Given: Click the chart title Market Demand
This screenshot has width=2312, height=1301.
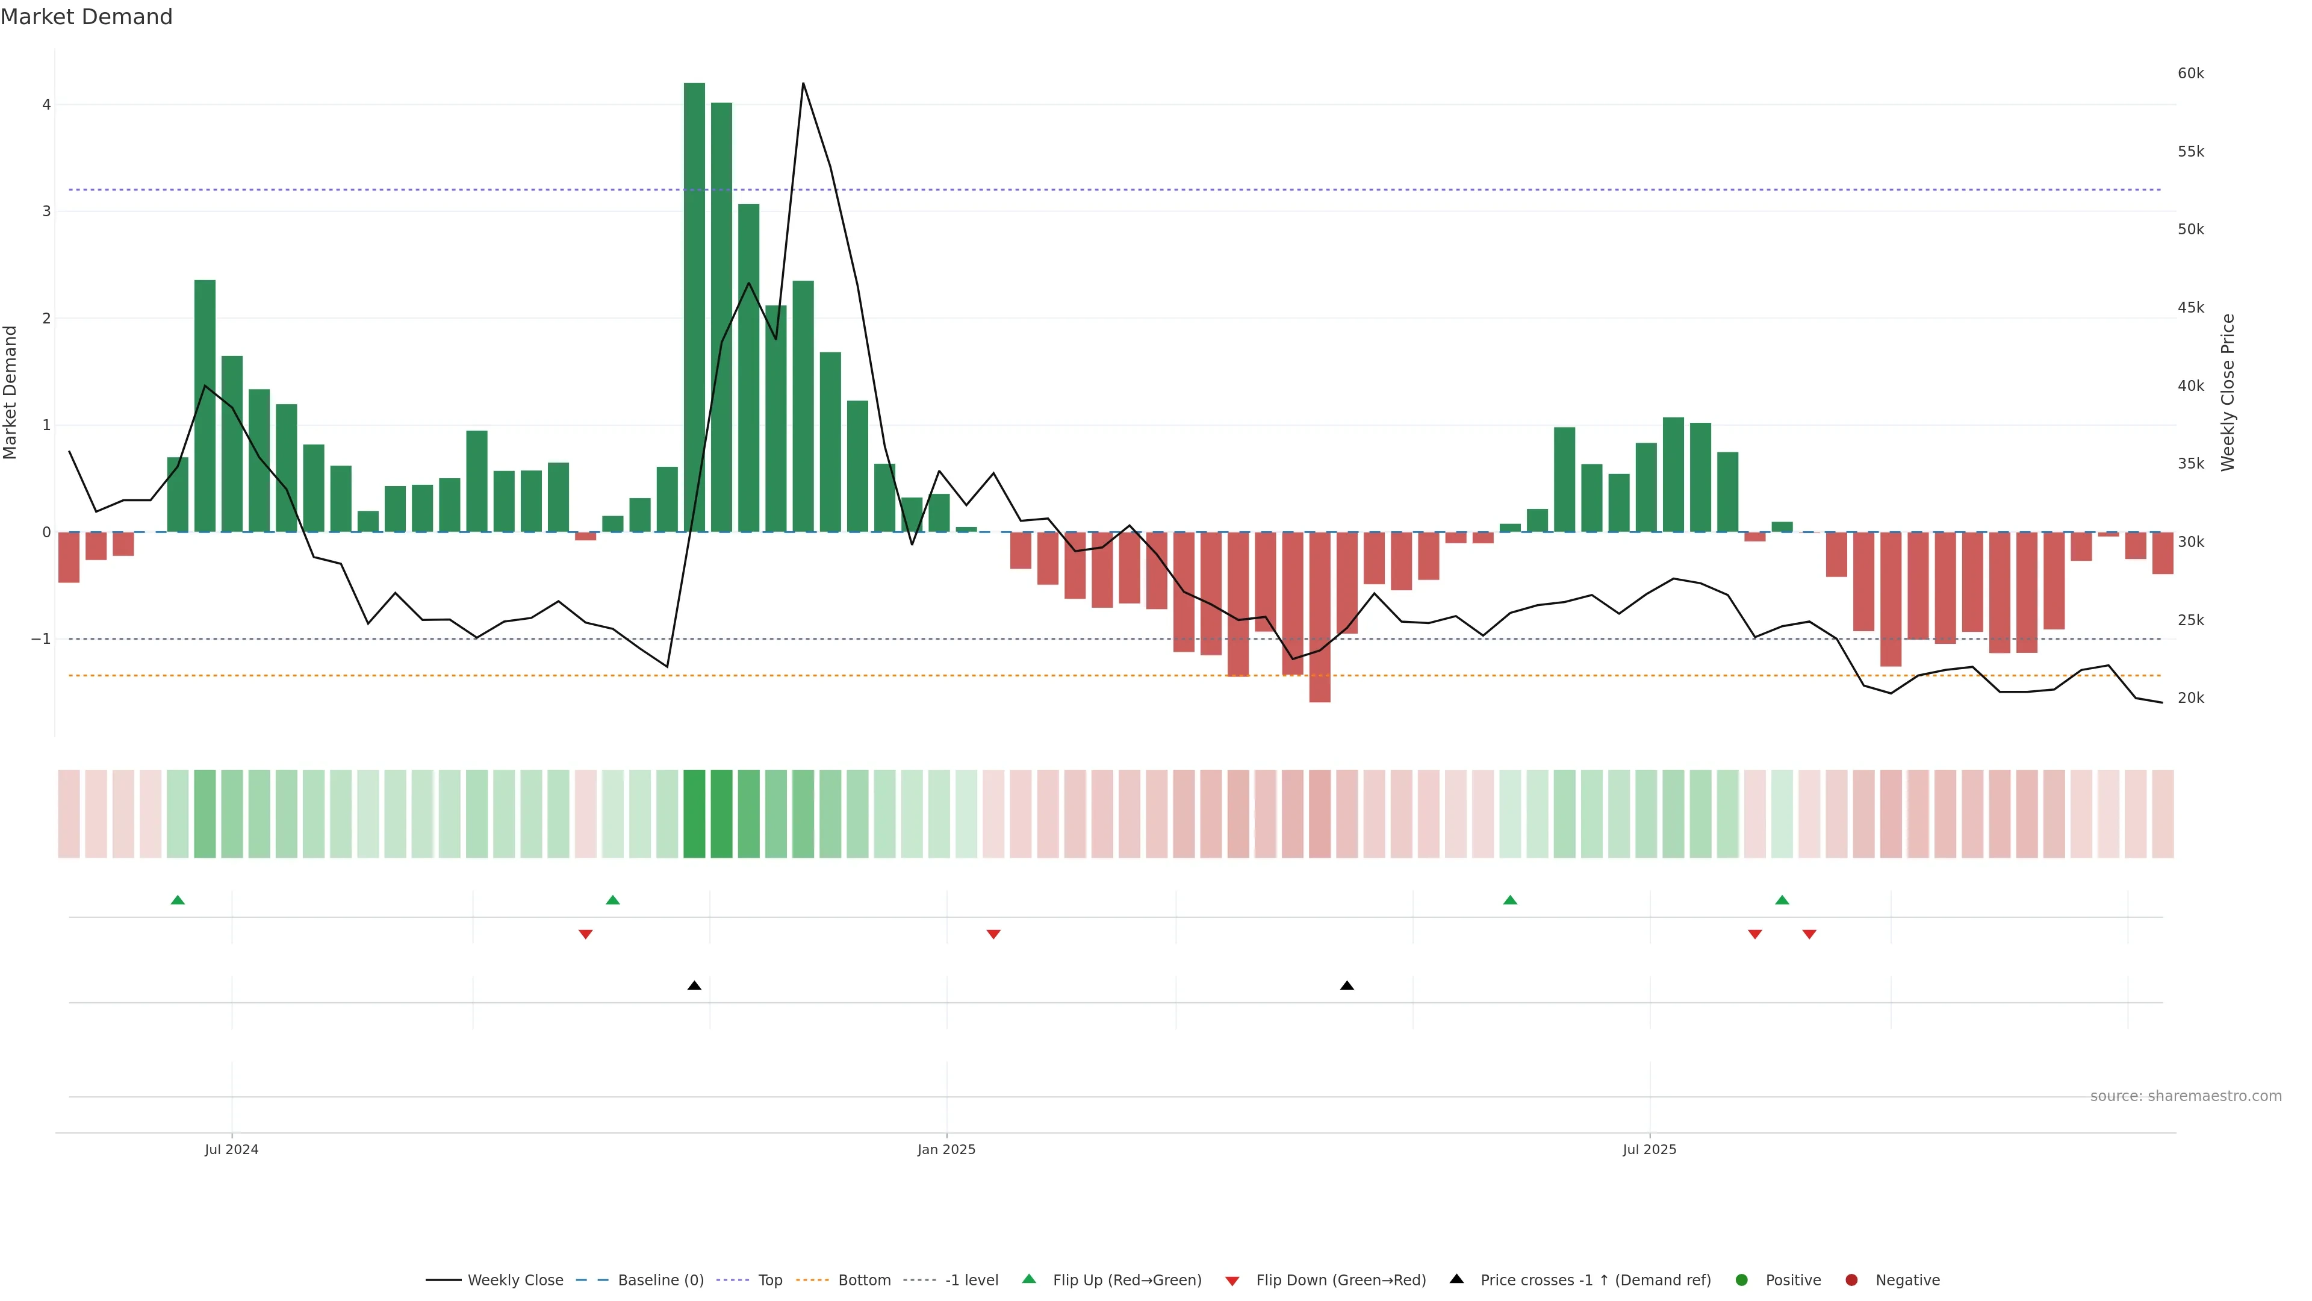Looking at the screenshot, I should click(86, 17).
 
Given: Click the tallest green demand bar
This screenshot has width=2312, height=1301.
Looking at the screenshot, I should click(694, 305).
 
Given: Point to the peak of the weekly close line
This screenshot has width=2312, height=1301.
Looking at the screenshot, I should click(803, 84).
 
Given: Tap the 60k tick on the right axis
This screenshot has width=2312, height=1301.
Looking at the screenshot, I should click(2190, 73).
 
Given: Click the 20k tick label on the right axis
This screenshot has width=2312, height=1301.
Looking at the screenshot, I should click(2190, 699).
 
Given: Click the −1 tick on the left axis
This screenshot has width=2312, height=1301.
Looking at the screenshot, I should click(42, 639).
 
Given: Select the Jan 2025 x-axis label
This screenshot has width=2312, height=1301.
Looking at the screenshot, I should click(946, 1149).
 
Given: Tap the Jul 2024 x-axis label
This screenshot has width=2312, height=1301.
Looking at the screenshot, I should click(232, 1149).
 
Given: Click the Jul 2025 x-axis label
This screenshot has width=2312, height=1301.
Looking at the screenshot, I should click(1649, 1149).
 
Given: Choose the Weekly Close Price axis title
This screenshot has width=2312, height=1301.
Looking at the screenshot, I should click(2228, 392).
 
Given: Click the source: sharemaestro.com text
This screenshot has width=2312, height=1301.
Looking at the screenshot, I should click(2186, 1096).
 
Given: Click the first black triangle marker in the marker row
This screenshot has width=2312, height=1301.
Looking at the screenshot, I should click(694, 986).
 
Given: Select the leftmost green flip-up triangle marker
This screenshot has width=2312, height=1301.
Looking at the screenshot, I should click(178, 900).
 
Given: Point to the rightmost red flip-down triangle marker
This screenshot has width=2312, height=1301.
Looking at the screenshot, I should click(1809, 935).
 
